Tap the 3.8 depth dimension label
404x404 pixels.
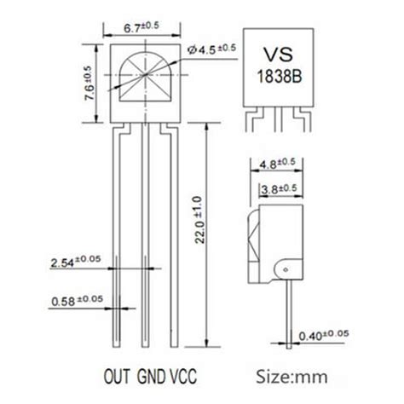tap(275, 188)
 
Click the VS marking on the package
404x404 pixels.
tap(280, 52)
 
